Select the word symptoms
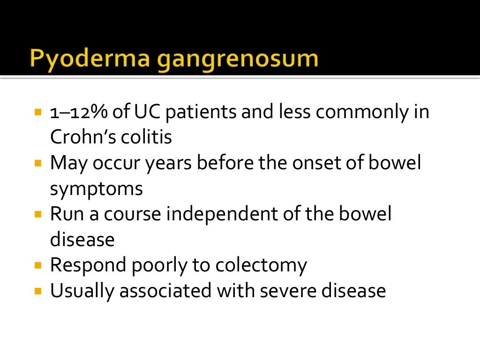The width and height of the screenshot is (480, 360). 96,189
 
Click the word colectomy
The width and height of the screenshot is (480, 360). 261,266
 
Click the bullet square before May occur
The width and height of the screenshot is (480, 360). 38,164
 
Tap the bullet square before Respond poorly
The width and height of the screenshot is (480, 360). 38,266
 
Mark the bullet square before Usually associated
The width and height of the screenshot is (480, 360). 38,291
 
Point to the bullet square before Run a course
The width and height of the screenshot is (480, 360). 38,215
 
